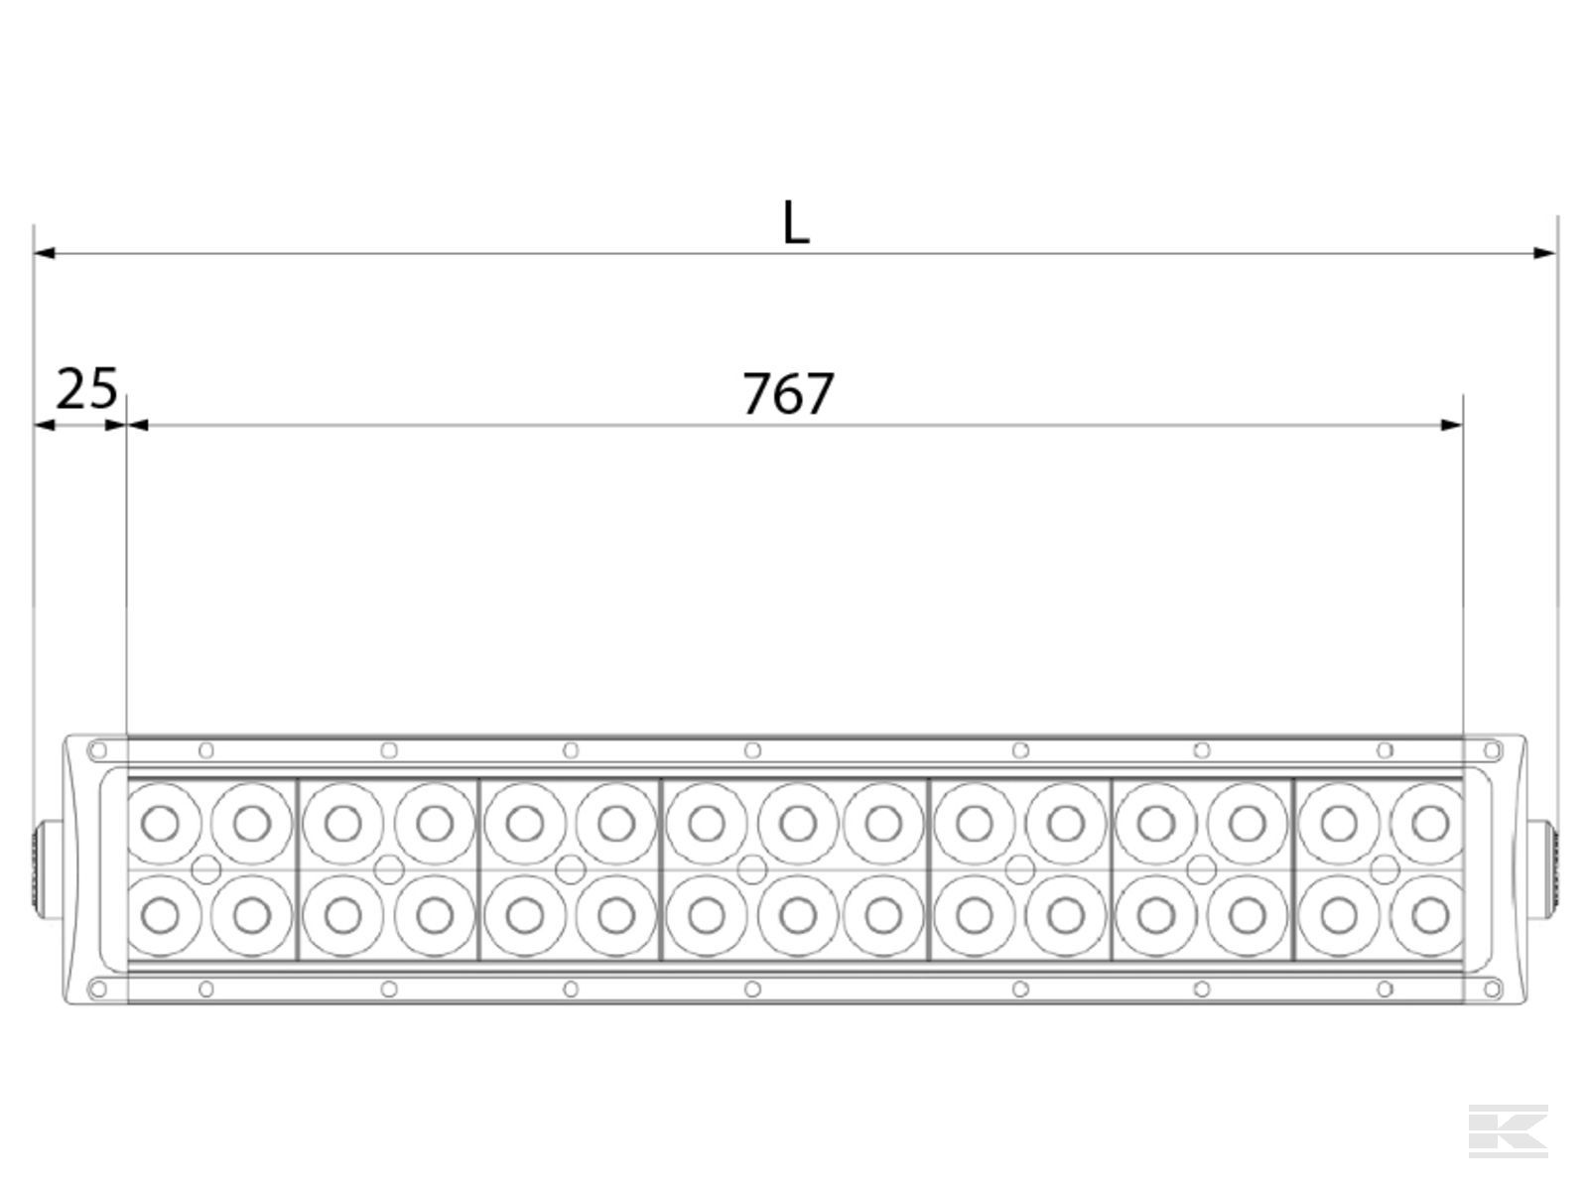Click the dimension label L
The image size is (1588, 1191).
[x=796, y=222]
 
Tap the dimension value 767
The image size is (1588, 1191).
[x=789, y=394]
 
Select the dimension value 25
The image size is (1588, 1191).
[x=86, y=388]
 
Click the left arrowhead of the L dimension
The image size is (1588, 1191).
[x=44, y=253]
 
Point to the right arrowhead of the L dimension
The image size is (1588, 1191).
[x=1544, y=253]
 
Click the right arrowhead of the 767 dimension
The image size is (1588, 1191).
[x=1451, y=425]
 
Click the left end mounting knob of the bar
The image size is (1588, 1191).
[x=48, y=870]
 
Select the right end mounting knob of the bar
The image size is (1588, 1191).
[x=1541, y=870]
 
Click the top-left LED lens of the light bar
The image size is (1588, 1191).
[x=161, y=823]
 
